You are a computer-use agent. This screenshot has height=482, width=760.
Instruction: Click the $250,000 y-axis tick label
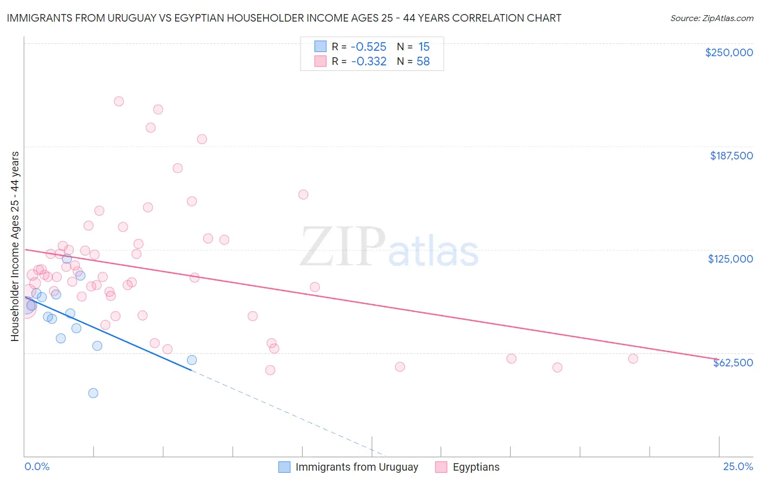coord(729,52)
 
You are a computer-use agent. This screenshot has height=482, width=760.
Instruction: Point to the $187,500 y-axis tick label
coord(731,156)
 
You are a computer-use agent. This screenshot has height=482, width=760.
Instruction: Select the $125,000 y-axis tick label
coord(730,259)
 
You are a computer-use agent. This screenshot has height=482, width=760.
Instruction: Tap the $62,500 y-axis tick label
coord(732,363)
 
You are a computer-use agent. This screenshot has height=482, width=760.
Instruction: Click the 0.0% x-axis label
coord(37,466)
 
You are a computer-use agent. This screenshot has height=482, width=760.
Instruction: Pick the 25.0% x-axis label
coord(738,466)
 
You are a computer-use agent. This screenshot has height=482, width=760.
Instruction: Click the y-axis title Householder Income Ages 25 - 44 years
coord(15,246)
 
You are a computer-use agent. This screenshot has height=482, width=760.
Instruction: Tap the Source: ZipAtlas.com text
coord(711,18)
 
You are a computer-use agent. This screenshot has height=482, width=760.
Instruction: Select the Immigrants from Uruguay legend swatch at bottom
coord(284,467)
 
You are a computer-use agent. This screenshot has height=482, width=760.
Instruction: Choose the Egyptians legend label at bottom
coord(476,467)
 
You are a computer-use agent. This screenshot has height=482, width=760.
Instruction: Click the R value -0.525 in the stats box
coord(369,47)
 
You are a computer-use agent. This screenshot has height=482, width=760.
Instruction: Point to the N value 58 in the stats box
coord(423,62)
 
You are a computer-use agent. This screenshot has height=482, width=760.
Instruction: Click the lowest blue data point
coord(93,393)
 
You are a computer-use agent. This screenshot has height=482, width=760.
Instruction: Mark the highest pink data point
coord(119,101)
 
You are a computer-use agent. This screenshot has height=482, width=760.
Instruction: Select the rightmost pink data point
coord(633,359)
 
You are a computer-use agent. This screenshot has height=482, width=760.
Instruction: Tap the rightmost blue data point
coord(191,360)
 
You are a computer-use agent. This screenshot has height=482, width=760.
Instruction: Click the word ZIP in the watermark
coord(342,247)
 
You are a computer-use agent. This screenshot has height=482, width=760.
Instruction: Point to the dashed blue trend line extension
coord(286,413)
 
